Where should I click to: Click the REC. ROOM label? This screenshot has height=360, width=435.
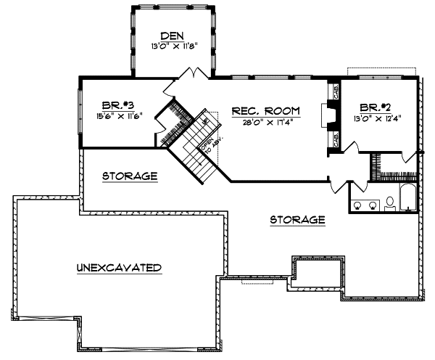[x=265, y=111]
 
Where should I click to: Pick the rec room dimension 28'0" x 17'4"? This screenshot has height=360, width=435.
[x=265, y=122]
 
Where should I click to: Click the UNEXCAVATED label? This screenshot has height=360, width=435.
[x=118, y=267]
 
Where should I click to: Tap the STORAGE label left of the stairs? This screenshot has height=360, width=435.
[x=130, y=176]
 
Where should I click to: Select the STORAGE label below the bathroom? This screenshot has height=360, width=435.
[x=297, y=219]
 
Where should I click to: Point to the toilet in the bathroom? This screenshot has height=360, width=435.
[x=389, y=202]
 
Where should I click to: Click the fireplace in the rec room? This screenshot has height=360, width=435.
[x=327, y=116]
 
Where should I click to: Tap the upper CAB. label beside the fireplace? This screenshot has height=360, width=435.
[x=336, y=92]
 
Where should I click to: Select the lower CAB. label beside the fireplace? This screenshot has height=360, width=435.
[x=336, y=139]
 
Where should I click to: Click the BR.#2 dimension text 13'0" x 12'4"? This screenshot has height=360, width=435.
[x=377, y=118]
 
